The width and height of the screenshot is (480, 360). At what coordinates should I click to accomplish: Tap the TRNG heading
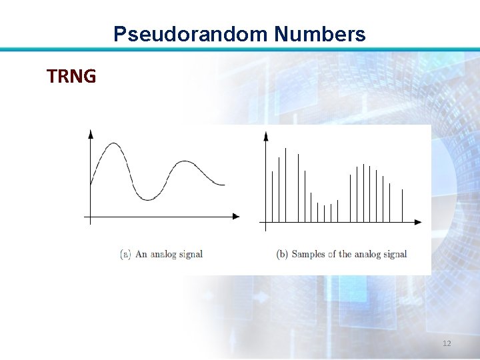pyautogui.click(x=71, y=77)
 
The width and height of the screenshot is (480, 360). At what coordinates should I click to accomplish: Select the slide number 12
pyautogui.click(x=447, y=343)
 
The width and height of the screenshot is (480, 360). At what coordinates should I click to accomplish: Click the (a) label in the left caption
pyautogui.click(x=125, y=254)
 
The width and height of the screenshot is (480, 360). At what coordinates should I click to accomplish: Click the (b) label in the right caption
pyautogui.click(x=283, y=254)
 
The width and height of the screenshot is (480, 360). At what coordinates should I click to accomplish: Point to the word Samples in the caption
pyautogui.click(x=309, y=254)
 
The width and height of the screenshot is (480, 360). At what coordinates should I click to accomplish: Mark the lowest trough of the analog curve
pyautogui.click(x=147, y=199)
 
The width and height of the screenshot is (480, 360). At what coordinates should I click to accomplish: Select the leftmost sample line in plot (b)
pyautogui.click(x=272, y=196)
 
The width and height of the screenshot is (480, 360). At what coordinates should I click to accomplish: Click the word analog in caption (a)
pyautogui.click(x=162, y=254)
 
